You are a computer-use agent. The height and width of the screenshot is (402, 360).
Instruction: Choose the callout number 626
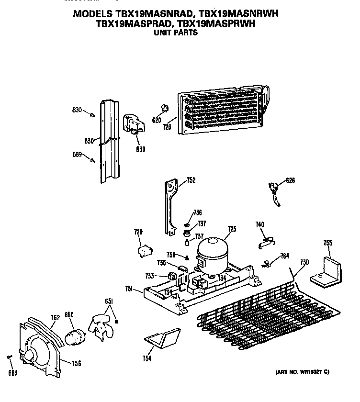click(x=291, y=180)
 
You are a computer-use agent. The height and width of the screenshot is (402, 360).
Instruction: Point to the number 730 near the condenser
click(x=304, y=262)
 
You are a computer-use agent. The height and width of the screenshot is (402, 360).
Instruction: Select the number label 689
click(x=77, y=155)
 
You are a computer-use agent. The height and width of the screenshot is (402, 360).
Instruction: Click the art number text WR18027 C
click(x=308, y=372)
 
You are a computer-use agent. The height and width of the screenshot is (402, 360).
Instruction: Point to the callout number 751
click(x=129, y=289)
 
